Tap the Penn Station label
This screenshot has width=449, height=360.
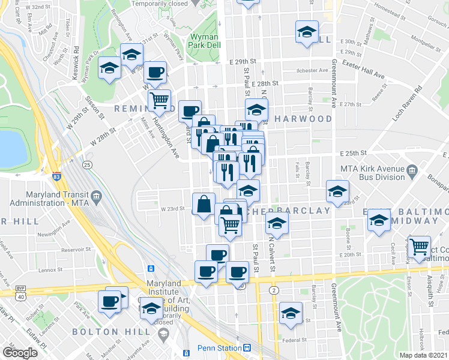coord(219,348)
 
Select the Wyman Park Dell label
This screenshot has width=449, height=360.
coord(204,41)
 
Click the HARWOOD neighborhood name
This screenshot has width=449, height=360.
coord(303,119)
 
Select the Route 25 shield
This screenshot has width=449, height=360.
coord(88,164)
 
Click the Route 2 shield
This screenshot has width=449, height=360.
coord(274,290)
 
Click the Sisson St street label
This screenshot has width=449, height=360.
coord(95,107)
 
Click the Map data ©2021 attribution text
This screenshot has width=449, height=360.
coord(423,355)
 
